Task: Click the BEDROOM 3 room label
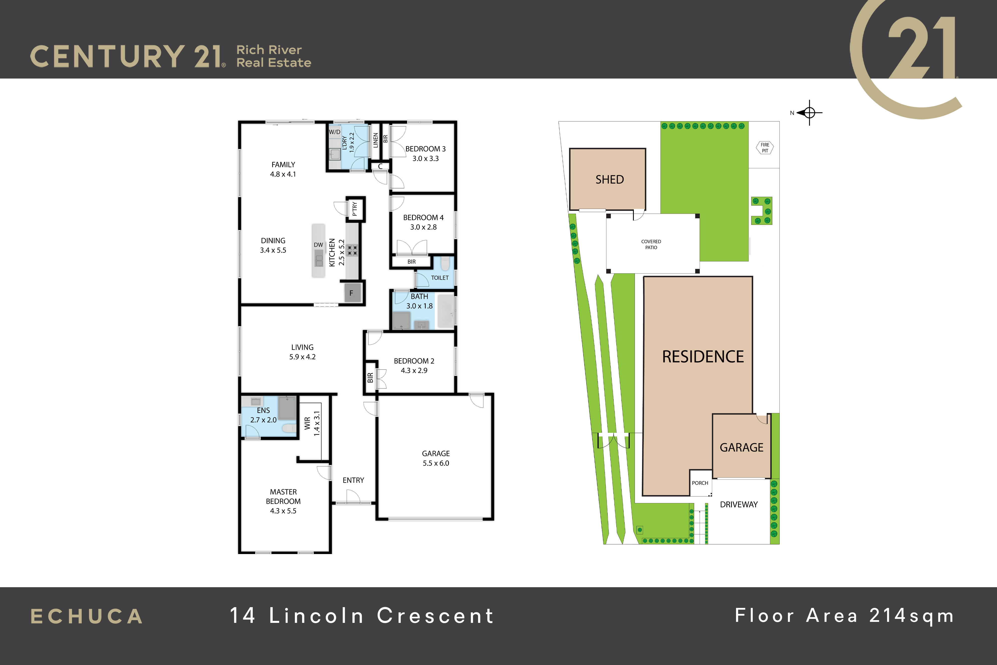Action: (425, 149)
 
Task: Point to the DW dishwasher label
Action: (318, 245)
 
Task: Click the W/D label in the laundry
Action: (334, 132)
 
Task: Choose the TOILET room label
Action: (440, 278)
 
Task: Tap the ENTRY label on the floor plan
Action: (353, 480)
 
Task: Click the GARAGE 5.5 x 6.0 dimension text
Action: (436, 463)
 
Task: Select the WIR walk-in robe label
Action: (307, 423)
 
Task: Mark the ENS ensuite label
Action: (263, 410)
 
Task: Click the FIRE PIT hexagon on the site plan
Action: (765, 148)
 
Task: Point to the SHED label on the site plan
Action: (610, 179)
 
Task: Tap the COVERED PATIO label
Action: (651, 244)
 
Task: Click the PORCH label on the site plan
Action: (700, 483)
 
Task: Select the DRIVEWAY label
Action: (739, 504)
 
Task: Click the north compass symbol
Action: (809, 113)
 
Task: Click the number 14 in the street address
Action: (243, 615)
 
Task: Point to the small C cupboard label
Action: (380, 166)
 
